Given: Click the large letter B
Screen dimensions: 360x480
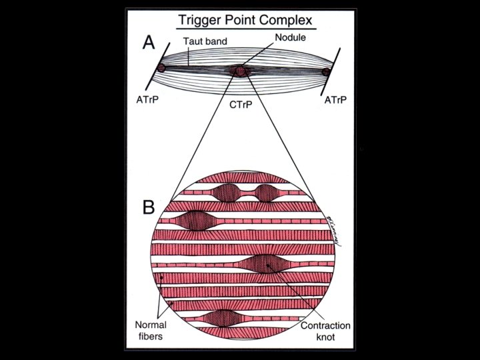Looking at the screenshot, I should [149, 207].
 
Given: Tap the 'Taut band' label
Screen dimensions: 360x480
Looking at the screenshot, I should [207, 41].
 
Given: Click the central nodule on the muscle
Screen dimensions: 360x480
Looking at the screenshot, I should [239, 71].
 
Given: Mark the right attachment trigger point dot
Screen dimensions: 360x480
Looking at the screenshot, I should [326, 71].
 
